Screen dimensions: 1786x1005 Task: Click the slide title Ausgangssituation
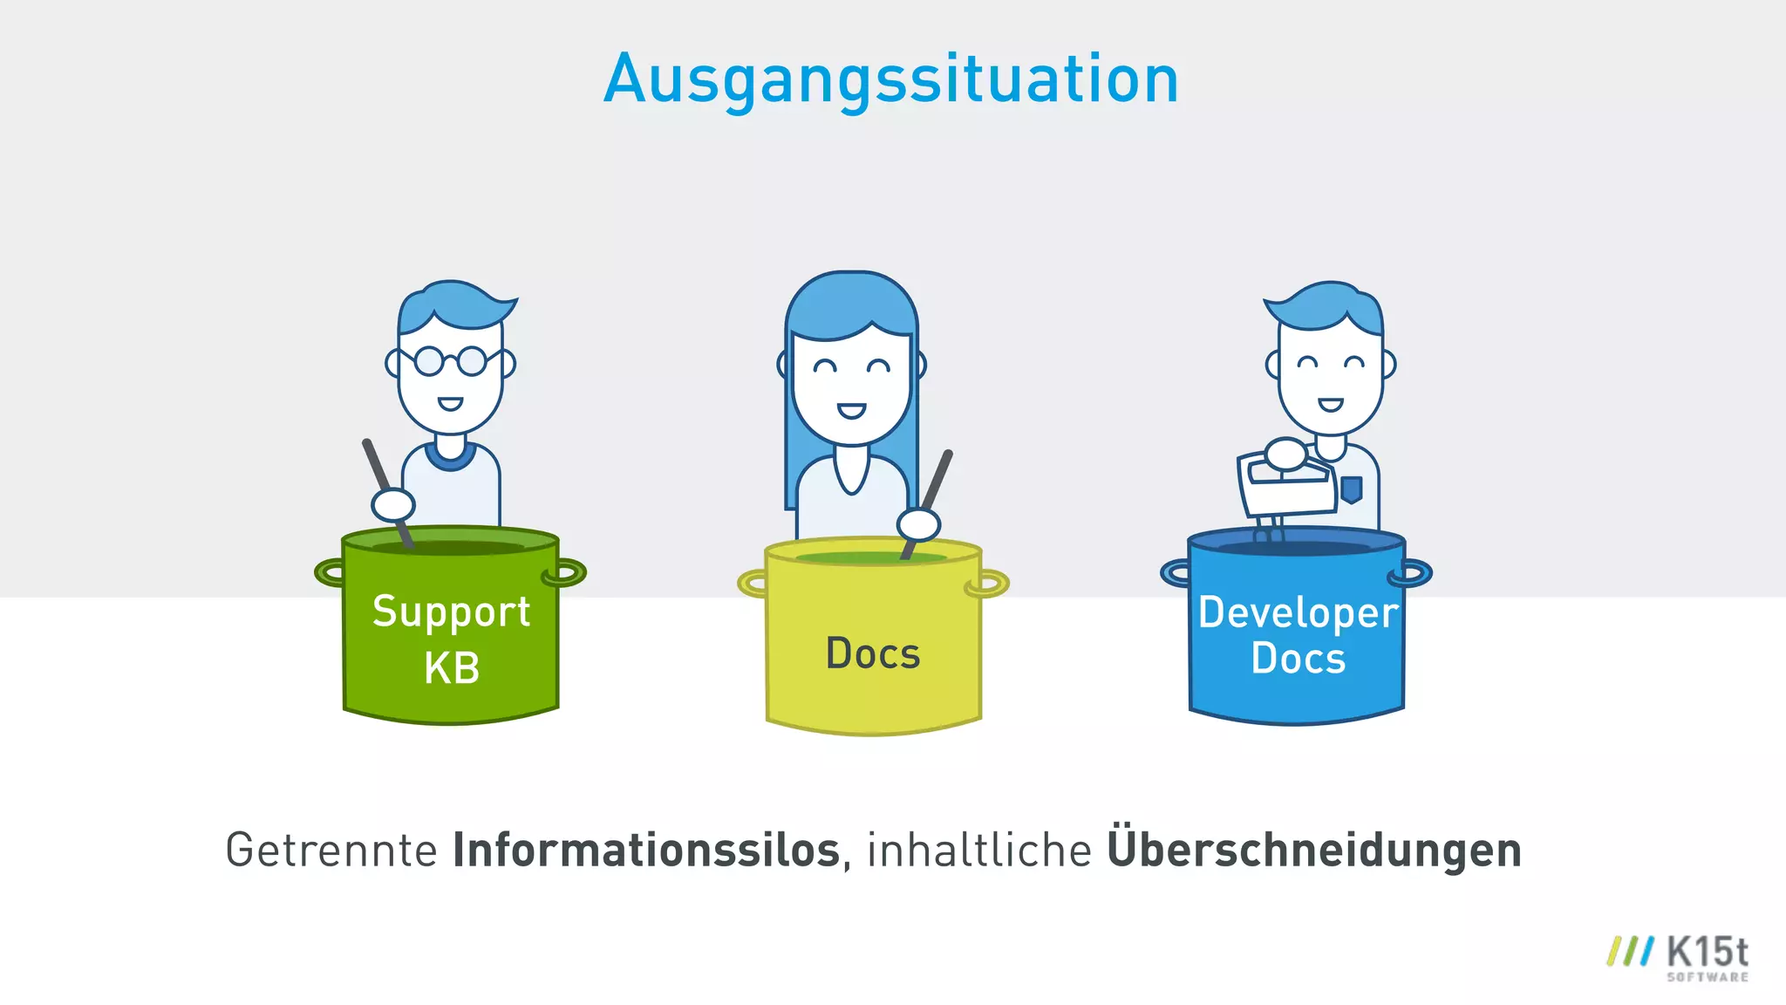click(891, 79)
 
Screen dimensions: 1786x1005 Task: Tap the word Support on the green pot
click(451, 612)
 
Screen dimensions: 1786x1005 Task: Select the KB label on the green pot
click(452, 668)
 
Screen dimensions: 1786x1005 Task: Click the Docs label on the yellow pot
click(873, 653)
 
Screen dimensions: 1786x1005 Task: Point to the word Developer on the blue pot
click(1298, 612)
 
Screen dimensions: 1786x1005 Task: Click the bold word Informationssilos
click(645, 850)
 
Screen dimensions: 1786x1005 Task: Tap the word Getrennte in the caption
click(331, 850)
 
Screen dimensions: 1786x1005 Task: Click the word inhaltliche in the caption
click(978, 850)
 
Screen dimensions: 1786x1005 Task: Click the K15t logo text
click(1707, 953)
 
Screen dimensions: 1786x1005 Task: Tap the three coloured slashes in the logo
click(1629, 952)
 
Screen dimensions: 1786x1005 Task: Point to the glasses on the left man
click(450, 360)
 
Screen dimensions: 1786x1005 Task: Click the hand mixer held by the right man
click(1287, 485)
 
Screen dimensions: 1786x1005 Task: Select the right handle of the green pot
click(565, 573)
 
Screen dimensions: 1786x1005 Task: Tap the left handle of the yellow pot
click(753, 582)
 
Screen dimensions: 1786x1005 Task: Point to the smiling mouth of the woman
click(851, 410)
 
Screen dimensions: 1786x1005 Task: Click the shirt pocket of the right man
click(1351, 489)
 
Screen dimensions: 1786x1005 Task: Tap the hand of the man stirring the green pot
click(393, 504)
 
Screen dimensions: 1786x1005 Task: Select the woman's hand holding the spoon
click(919, 524)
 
